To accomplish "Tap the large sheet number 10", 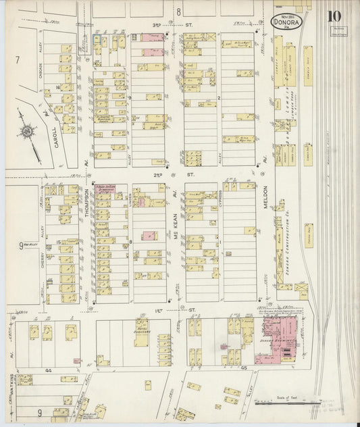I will (x=334, y=16).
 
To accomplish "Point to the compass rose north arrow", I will (x=27, y=131).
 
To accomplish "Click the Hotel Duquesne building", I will (x=141, y=332).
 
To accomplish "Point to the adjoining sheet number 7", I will (x=16, y=60).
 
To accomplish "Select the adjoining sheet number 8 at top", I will (x=179, y=12).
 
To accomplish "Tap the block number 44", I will (x=49, y=371).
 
